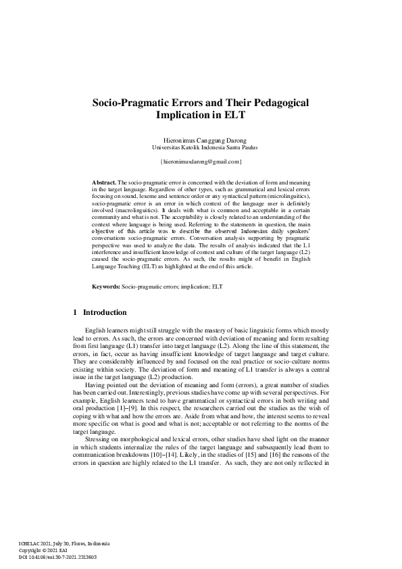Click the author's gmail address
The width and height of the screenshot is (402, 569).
coord(201,162)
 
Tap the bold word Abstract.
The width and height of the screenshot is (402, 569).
coord(104,183)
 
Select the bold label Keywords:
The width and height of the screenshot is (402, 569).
coord(106,287)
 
